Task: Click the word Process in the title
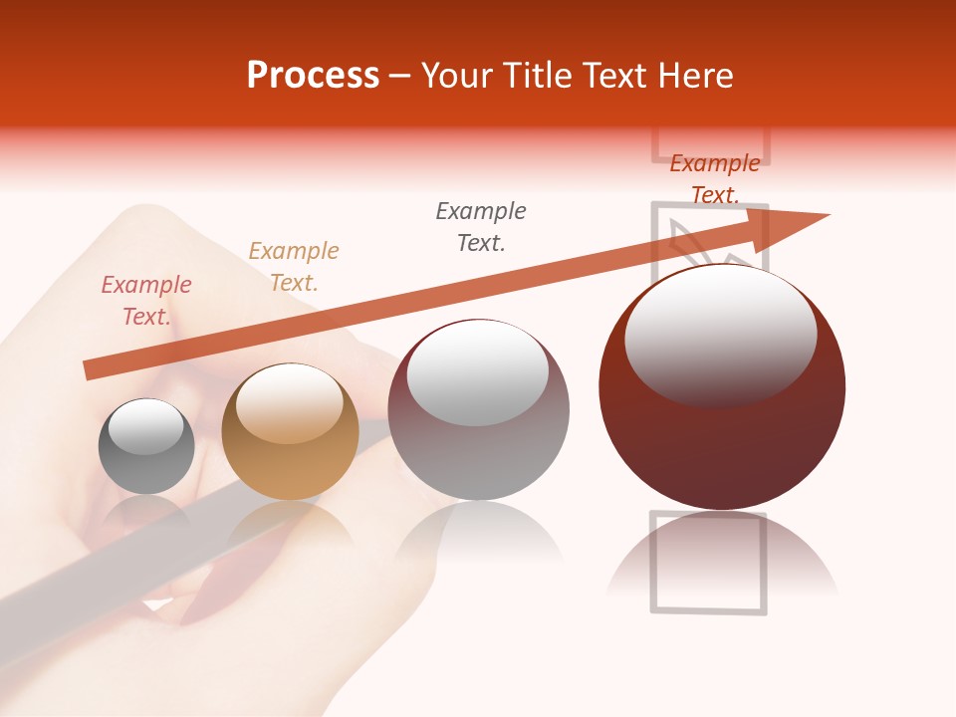coord(313,76)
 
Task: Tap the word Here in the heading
coord(693,76)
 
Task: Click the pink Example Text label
coord(146,301)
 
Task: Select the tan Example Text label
coord(294,267)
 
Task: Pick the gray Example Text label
coord(481,227)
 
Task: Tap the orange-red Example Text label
coord(715,179)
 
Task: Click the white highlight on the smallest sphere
coord(145,426)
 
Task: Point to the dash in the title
coord(400,76)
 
